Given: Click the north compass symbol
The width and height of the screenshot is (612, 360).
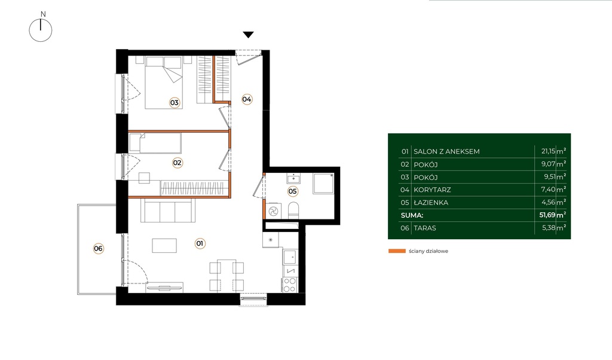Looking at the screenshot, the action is [41, 30].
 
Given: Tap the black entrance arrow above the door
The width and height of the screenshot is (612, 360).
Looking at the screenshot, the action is [248, 35].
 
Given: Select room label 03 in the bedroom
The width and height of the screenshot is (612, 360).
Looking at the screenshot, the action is [174, 103].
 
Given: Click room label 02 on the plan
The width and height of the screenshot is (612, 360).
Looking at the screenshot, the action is [177, 163].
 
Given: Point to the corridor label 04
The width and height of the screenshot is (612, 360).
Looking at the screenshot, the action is [247, 99].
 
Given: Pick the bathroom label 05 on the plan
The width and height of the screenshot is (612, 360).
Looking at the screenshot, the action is [292, 191].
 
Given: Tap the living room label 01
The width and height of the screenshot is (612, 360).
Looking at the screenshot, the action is [200, 243].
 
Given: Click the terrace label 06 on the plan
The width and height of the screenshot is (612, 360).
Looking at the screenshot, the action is [98, 248].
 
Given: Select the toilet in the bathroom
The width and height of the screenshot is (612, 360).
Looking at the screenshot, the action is [293, 210].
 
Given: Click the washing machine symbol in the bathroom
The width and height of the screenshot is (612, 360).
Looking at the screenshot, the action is [273, 211].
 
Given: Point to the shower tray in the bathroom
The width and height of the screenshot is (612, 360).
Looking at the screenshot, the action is [323, 183].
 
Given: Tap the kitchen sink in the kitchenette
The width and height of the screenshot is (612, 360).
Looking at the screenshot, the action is [289, 257].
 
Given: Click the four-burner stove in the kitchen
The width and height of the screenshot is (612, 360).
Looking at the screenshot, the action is [290, 285].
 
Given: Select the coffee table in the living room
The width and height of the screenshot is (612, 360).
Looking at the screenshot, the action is [164, 246].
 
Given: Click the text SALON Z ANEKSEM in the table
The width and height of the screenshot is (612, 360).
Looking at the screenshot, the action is [446, 151].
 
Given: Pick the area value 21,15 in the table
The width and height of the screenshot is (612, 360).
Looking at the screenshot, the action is [549, 151].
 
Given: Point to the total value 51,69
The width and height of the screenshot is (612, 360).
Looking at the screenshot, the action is [547, 215].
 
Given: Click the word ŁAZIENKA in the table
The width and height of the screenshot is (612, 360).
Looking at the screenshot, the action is [431, 202].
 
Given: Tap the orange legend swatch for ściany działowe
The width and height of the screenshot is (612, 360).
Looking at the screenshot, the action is [397, 251].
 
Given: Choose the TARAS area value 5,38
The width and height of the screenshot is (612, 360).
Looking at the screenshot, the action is [549, 228].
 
